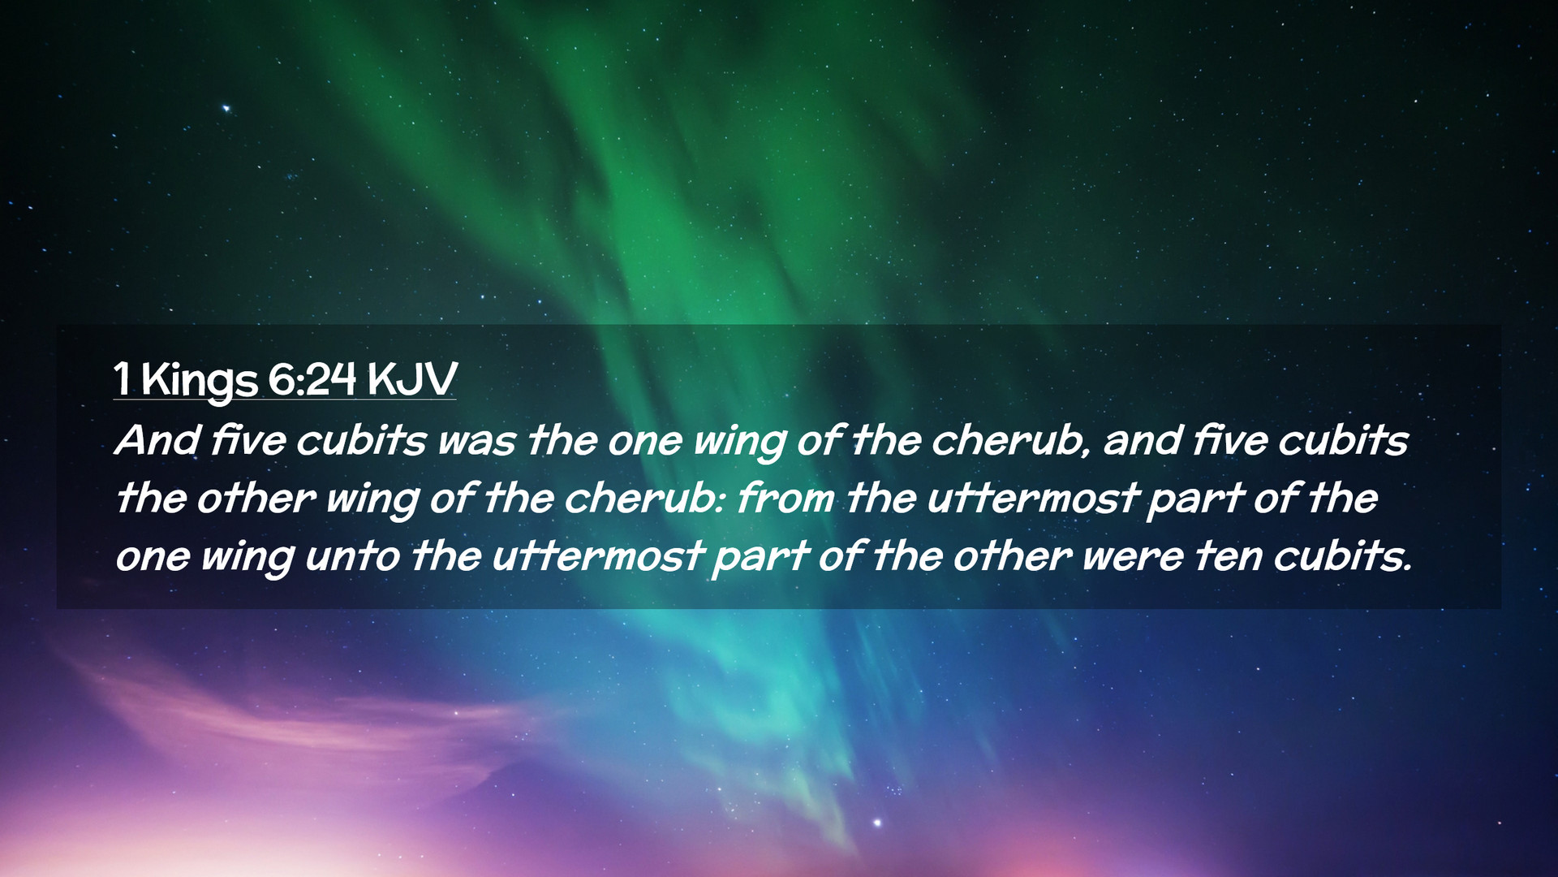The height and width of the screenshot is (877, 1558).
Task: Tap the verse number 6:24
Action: tap(312, 378)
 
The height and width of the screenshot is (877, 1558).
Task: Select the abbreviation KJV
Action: tap(411, 378)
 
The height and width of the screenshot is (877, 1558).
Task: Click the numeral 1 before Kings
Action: tap(122, 378)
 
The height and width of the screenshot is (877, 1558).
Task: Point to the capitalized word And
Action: tap(157, 440)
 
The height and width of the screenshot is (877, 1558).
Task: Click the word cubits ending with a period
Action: tap(1342, 555)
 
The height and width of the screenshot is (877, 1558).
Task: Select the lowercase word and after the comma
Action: tap(1141, 440)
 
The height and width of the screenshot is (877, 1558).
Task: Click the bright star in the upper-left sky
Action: tap(226, 108)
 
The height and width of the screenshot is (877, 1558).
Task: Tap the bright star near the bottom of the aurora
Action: tap(877, 823)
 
